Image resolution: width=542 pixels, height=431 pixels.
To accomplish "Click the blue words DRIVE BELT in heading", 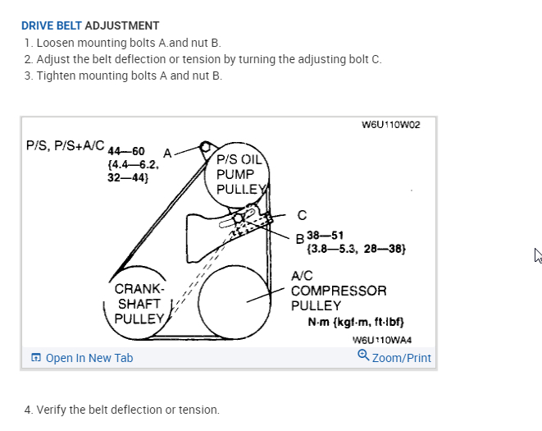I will click(51, 25).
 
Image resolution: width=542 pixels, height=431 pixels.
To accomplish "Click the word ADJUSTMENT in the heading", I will click(122, 25).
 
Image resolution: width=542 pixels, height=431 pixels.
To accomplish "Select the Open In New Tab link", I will click(89, 358).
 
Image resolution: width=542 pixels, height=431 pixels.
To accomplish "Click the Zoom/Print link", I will click(401, 358).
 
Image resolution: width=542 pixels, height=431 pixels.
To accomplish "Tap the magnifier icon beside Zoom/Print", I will click(363, 355).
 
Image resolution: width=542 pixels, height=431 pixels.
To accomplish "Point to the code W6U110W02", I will click(390, 125).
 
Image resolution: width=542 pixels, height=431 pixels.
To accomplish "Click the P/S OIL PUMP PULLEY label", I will click(239, 174).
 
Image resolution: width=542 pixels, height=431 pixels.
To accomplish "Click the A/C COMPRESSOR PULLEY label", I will click(338, 291).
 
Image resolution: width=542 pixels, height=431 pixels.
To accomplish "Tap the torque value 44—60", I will click(126, 152).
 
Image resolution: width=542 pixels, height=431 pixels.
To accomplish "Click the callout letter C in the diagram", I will click(302, 216).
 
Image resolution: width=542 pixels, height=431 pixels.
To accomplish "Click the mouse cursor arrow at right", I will click(538, 255).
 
